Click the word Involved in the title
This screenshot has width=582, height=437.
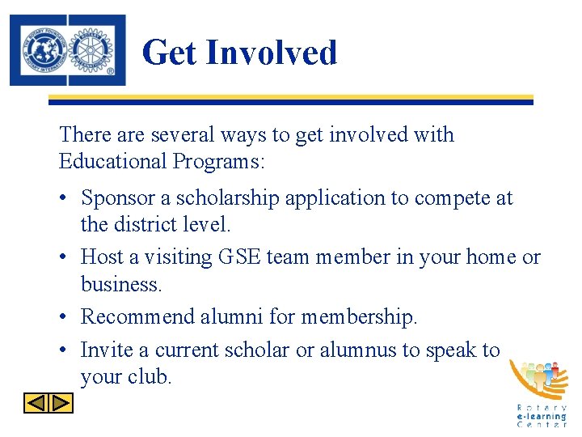pos(271,53)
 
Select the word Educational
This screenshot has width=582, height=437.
pos(112,162)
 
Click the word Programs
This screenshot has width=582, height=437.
pos(217,162)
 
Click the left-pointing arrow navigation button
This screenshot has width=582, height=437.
pos(37,402)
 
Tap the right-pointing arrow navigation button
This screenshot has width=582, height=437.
pos(61,402)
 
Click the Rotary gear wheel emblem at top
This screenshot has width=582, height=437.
pos(94,49)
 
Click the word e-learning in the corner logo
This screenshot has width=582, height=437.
pos(542,417)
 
